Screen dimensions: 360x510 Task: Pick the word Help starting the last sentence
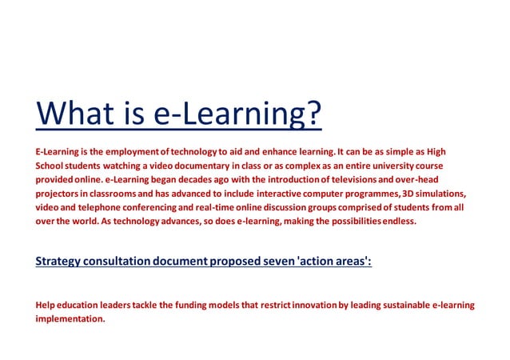coord(46,305)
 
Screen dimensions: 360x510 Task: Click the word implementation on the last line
coord(70,318)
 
